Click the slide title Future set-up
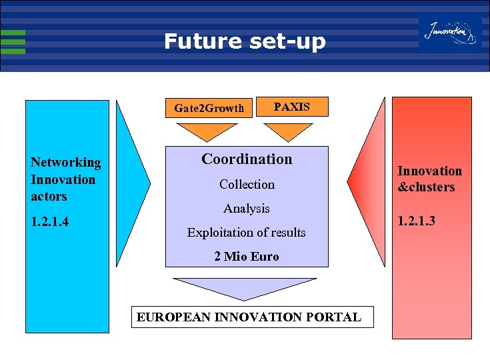(x=245, y=42)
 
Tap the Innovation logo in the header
(x=450, y=32)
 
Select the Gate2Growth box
(x=209, y=108)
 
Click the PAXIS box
(x=292, y=107)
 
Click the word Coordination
(x=247, y=159)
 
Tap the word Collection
(x=247, y=184)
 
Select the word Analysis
(x=247, y=209)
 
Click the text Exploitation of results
(x=247, y=233)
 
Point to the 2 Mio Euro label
(x=247, y=257)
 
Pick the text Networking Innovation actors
(x=65, y=179)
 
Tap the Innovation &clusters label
(x=429, y=179)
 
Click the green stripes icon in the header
(x=13, y=41)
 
